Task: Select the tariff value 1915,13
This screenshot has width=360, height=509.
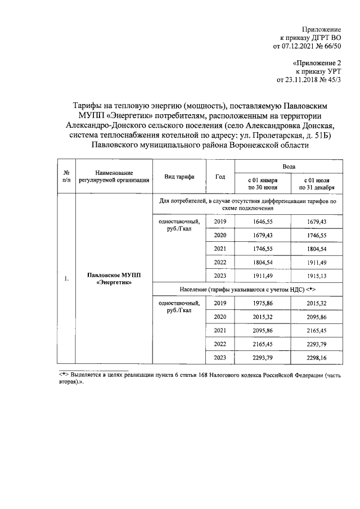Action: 317,276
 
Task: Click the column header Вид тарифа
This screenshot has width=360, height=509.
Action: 179,177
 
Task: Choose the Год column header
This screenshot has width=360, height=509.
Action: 220,177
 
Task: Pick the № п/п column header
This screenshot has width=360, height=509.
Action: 66,177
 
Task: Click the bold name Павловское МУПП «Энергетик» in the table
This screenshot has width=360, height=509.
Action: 114,278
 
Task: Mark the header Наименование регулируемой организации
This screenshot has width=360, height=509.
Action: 114,177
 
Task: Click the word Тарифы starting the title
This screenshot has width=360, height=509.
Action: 89,105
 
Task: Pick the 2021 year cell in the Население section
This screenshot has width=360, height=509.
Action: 220,330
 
